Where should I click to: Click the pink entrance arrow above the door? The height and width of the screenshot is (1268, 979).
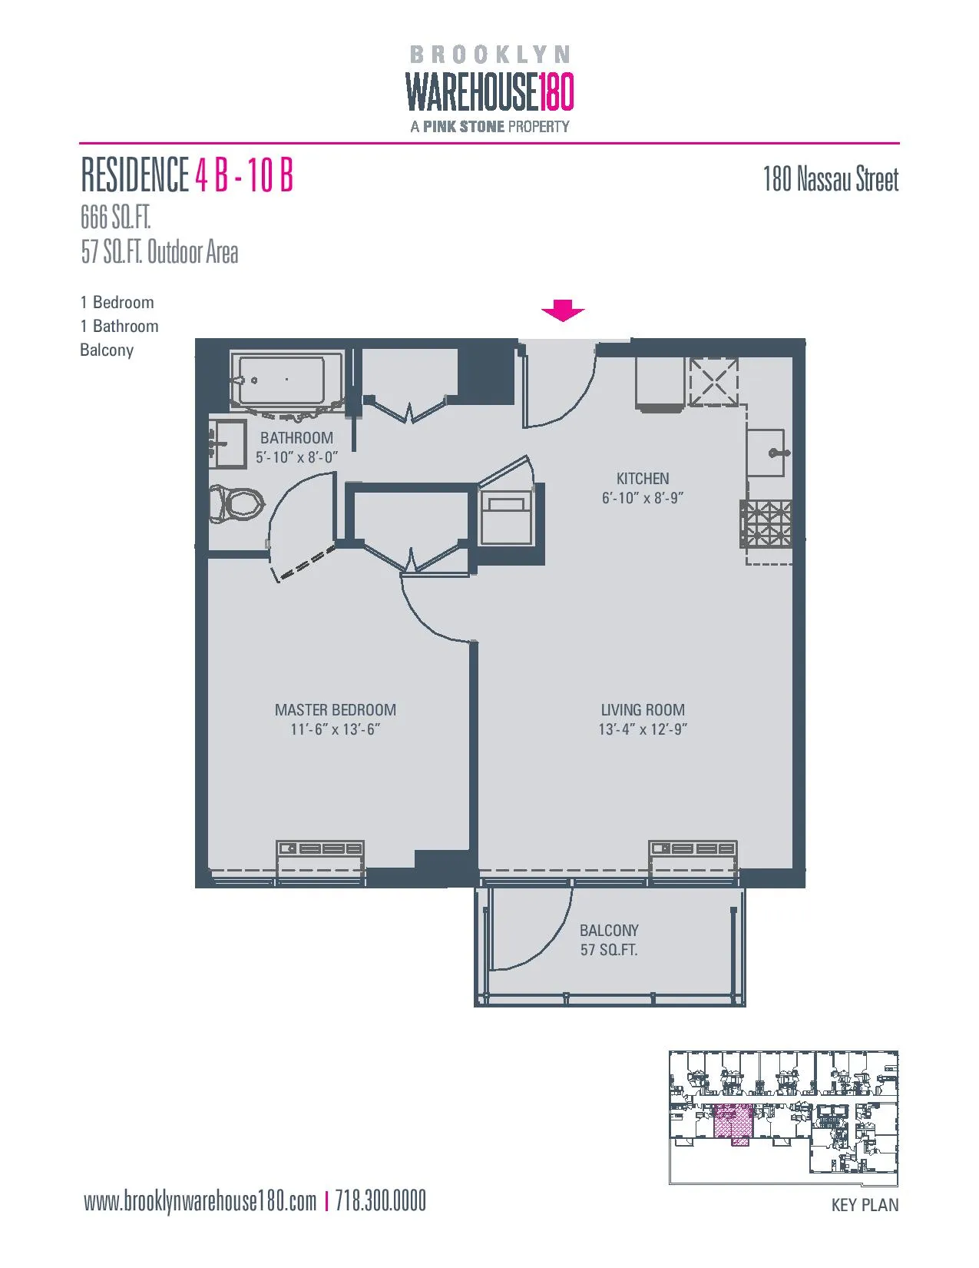click(563, 310)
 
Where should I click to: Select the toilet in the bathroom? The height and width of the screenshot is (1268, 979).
click(237, 504)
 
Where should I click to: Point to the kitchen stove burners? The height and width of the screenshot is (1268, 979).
click(766, 523)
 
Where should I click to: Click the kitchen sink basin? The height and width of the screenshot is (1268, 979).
click(766, 453)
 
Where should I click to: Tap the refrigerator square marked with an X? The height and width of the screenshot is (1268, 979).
click(713, 382)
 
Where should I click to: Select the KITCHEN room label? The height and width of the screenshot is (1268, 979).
click(643, 478)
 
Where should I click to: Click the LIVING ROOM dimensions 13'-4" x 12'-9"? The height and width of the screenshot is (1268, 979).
click(643, 729)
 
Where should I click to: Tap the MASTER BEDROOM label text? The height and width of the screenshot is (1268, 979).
click(336, 710)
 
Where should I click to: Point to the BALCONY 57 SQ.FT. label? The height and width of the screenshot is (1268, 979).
click(609, 940)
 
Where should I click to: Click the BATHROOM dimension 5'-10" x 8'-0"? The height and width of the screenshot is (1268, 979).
click(296, 457)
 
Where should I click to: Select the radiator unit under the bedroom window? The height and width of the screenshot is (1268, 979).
click(320, 848)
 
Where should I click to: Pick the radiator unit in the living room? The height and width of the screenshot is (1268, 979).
click(693, 848)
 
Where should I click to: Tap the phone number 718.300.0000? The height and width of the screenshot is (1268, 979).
click(380, 1200)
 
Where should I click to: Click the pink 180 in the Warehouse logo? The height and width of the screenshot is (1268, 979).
click(556, 92)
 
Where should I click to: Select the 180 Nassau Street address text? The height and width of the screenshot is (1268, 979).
click(830, 179)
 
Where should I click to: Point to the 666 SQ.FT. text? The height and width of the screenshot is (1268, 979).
click(115, 217)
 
